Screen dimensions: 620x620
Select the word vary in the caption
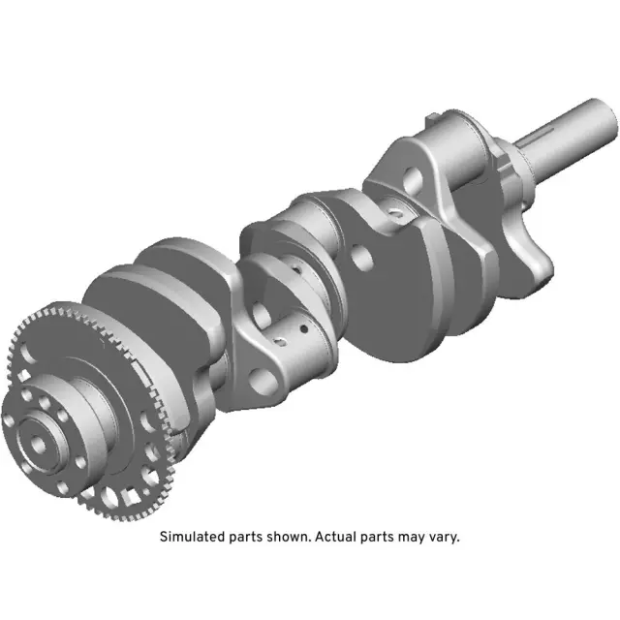pyautogui.click(x=442, y=536)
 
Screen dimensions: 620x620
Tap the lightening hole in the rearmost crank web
pyautogui.click(x=413, y=177)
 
